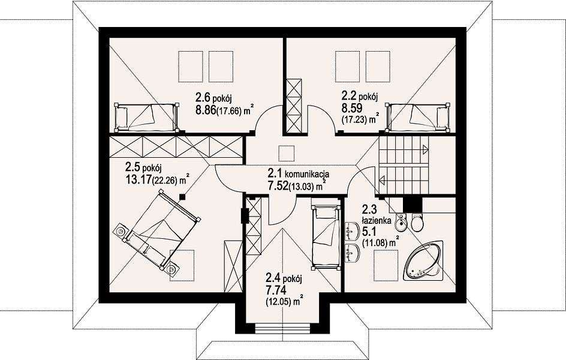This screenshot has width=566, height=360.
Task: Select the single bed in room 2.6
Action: [x=146, y=118]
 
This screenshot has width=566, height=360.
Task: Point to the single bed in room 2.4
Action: [x=326, y=237]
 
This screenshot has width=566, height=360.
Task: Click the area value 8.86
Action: [x=206, y=110]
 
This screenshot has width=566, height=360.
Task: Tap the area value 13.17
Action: [x=138, y=179]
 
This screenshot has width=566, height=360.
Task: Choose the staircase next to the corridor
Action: [x=403, y=166]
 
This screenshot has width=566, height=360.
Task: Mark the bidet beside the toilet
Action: [x=401, y=223]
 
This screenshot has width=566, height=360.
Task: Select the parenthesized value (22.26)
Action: [x=165, y=181]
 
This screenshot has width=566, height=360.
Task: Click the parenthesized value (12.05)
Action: [x=278, y=301]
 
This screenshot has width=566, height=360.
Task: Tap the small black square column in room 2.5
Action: [x=183, y=197]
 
